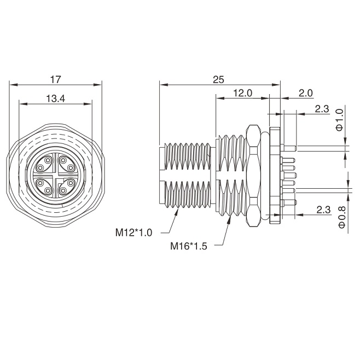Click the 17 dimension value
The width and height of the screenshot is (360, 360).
click(56, 80)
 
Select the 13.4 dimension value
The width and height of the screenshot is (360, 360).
click(56, 98)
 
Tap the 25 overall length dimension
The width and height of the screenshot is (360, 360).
click(218, 80)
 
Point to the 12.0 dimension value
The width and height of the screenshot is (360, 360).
click(243, 93)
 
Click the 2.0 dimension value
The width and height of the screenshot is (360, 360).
click(305, 93)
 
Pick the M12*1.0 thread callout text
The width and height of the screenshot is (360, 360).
click(133, 233)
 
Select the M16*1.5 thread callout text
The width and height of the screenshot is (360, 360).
click(189, 246)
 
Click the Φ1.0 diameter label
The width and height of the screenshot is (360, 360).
click(339, 120)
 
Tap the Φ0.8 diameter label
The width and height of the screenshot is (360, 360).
click(341, 217)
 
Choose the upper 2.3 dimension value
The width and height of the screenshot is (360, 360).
click(322, 109)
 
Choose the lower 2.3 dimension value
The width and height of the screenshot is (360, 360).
click(323, 210)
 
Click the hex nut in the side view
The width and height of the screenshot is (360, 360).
click(253, 176)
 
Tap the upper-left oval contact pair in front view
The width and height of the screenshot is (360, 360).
click(44, 164)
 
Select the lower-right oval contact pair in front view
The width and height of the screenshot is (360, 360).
click(67, 187)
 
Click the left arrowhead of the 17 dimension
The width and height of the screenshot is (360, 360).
click(14, 85)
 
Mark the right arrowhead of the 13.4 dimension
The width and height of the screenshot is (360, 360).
click(88, 104)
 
